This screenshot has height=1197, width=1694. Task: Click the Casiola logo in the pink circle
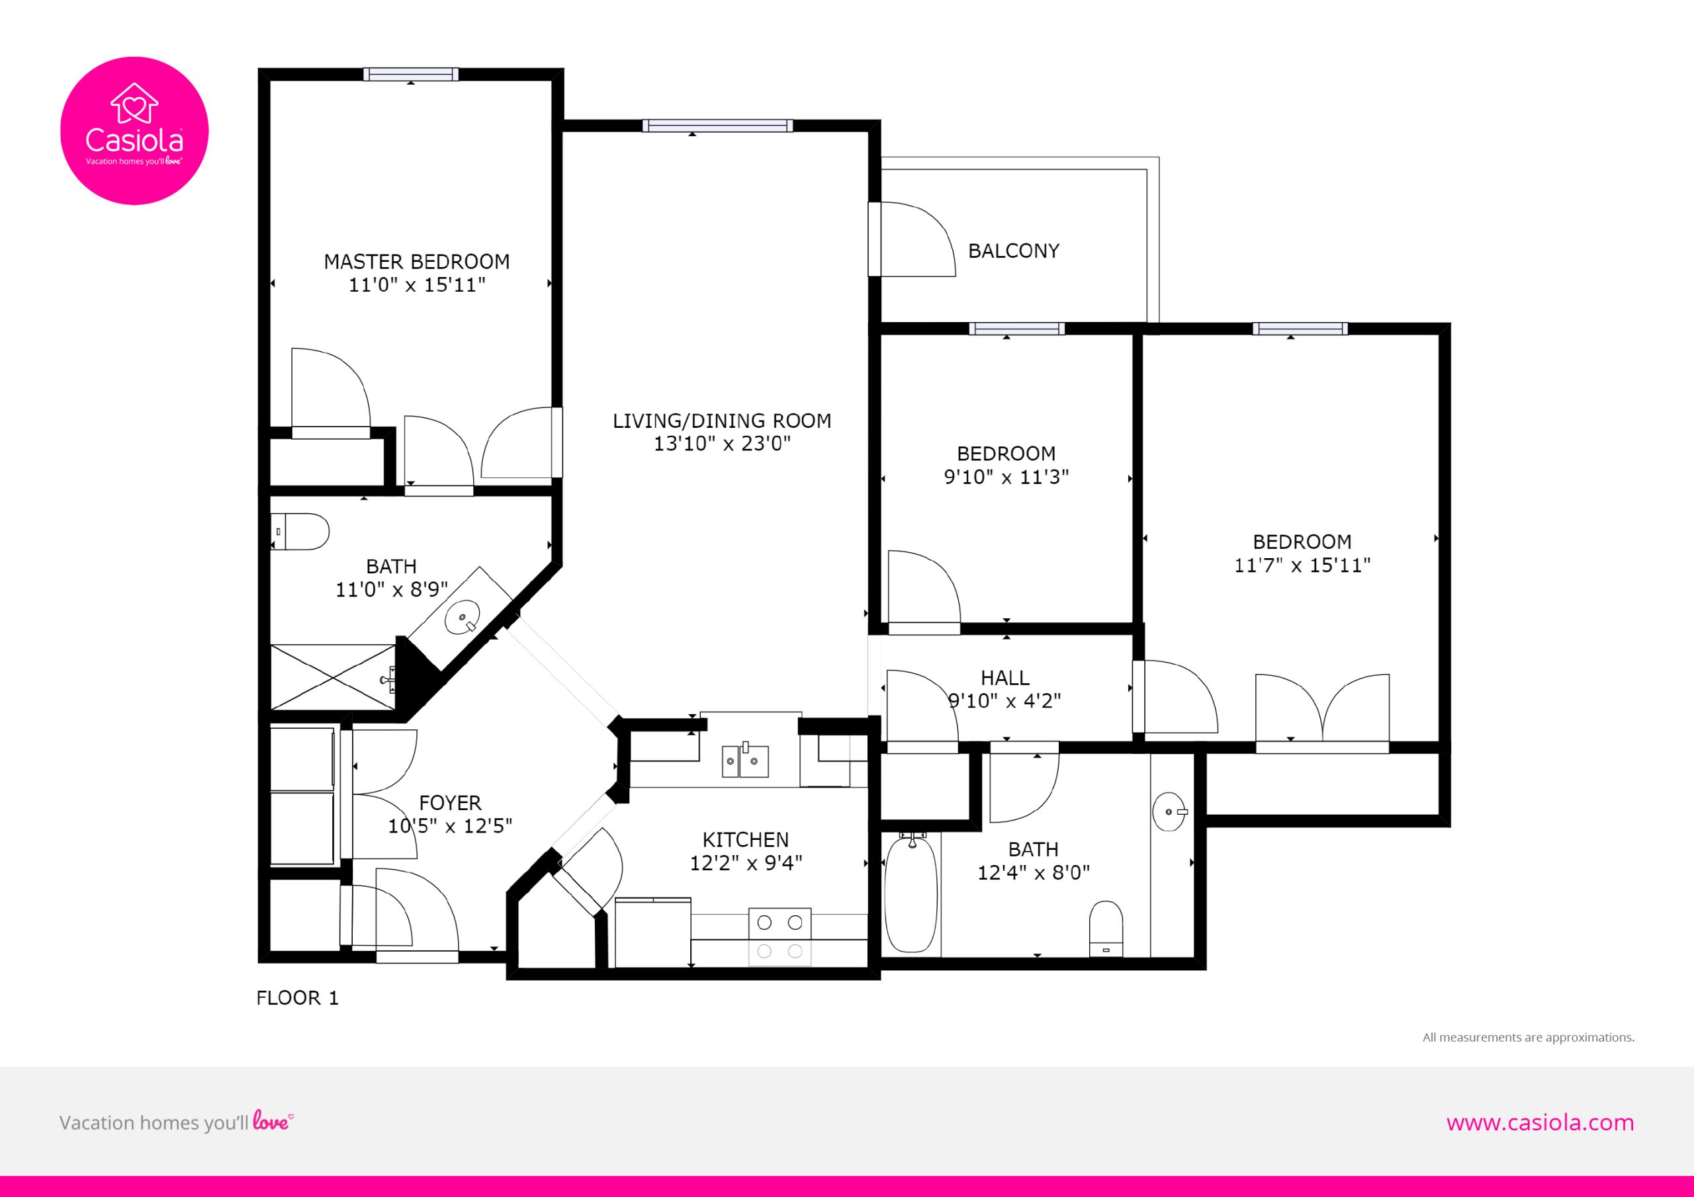click(134, 130)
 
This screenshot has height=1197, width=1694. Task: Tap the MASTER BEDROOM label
click(417, 262)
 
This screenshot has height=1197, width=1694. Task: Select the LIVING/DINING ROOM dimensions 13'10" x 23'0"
click(723, 443)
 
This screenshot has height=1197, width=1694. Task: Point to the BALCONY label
click(1013, 251)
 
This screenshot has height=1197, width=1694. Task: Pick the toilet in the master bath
click(300, 532)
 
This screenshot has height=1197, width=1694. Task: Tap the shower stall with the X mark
click(334, 678)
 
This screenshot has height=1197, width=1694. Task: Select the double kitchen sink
click(745, 761)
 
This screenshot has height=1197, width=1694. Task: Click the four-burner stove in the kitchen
click(780, 936)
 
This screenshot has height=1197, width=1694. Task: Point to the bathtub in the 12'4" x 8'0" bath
click(911, 892)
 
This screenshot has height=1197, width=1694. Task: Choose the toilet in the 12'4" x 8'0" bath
click(1106, 929)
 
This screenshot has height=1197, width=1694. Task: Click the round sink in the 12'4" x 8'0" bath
click(1169, 811)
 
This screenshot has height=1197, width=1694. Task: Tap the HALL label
click(1005, 678)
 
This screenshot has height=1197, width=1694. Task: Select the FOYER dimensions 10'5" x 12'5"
click(450, 826)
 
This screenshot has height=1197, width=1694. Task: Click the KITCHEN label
click(746, 840)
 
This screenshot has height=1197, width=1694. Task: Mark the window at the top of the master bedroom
click(411, 75)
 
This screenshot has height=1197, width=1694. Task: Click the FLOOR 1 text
click(297, 998)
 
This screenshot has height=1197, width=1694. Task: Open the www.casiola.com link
click(1540, 1122)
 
